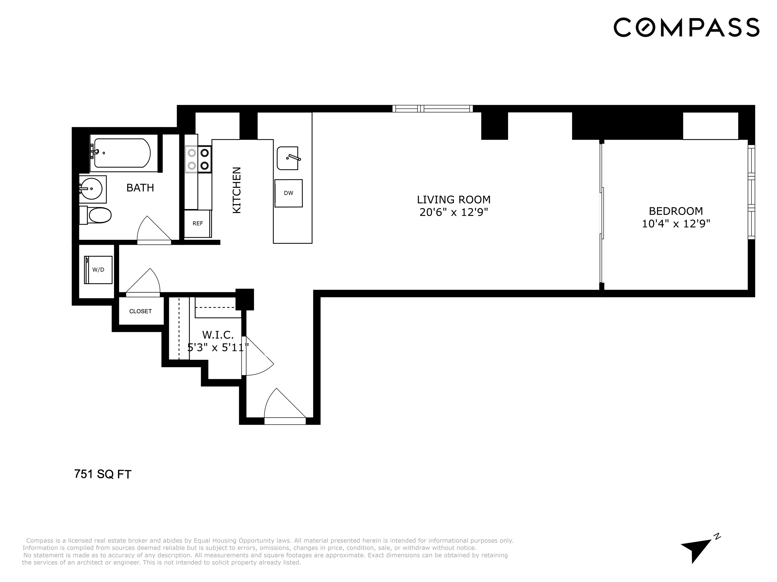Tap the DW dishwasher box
[x=288, y=193]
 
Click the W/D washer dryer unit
[x=98, y=270]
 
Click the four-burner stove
[x=198, y=159]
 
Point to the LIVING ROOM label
[x=454, y=200]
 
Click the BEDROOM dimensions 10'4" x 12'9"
[x=676, y=224]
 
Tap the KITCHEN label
[x=237, y=190]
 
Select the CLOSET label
[x=140, y=311]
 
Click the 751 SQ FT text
[x=103, y=474]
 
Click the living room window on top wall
[x=433, y=109]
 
